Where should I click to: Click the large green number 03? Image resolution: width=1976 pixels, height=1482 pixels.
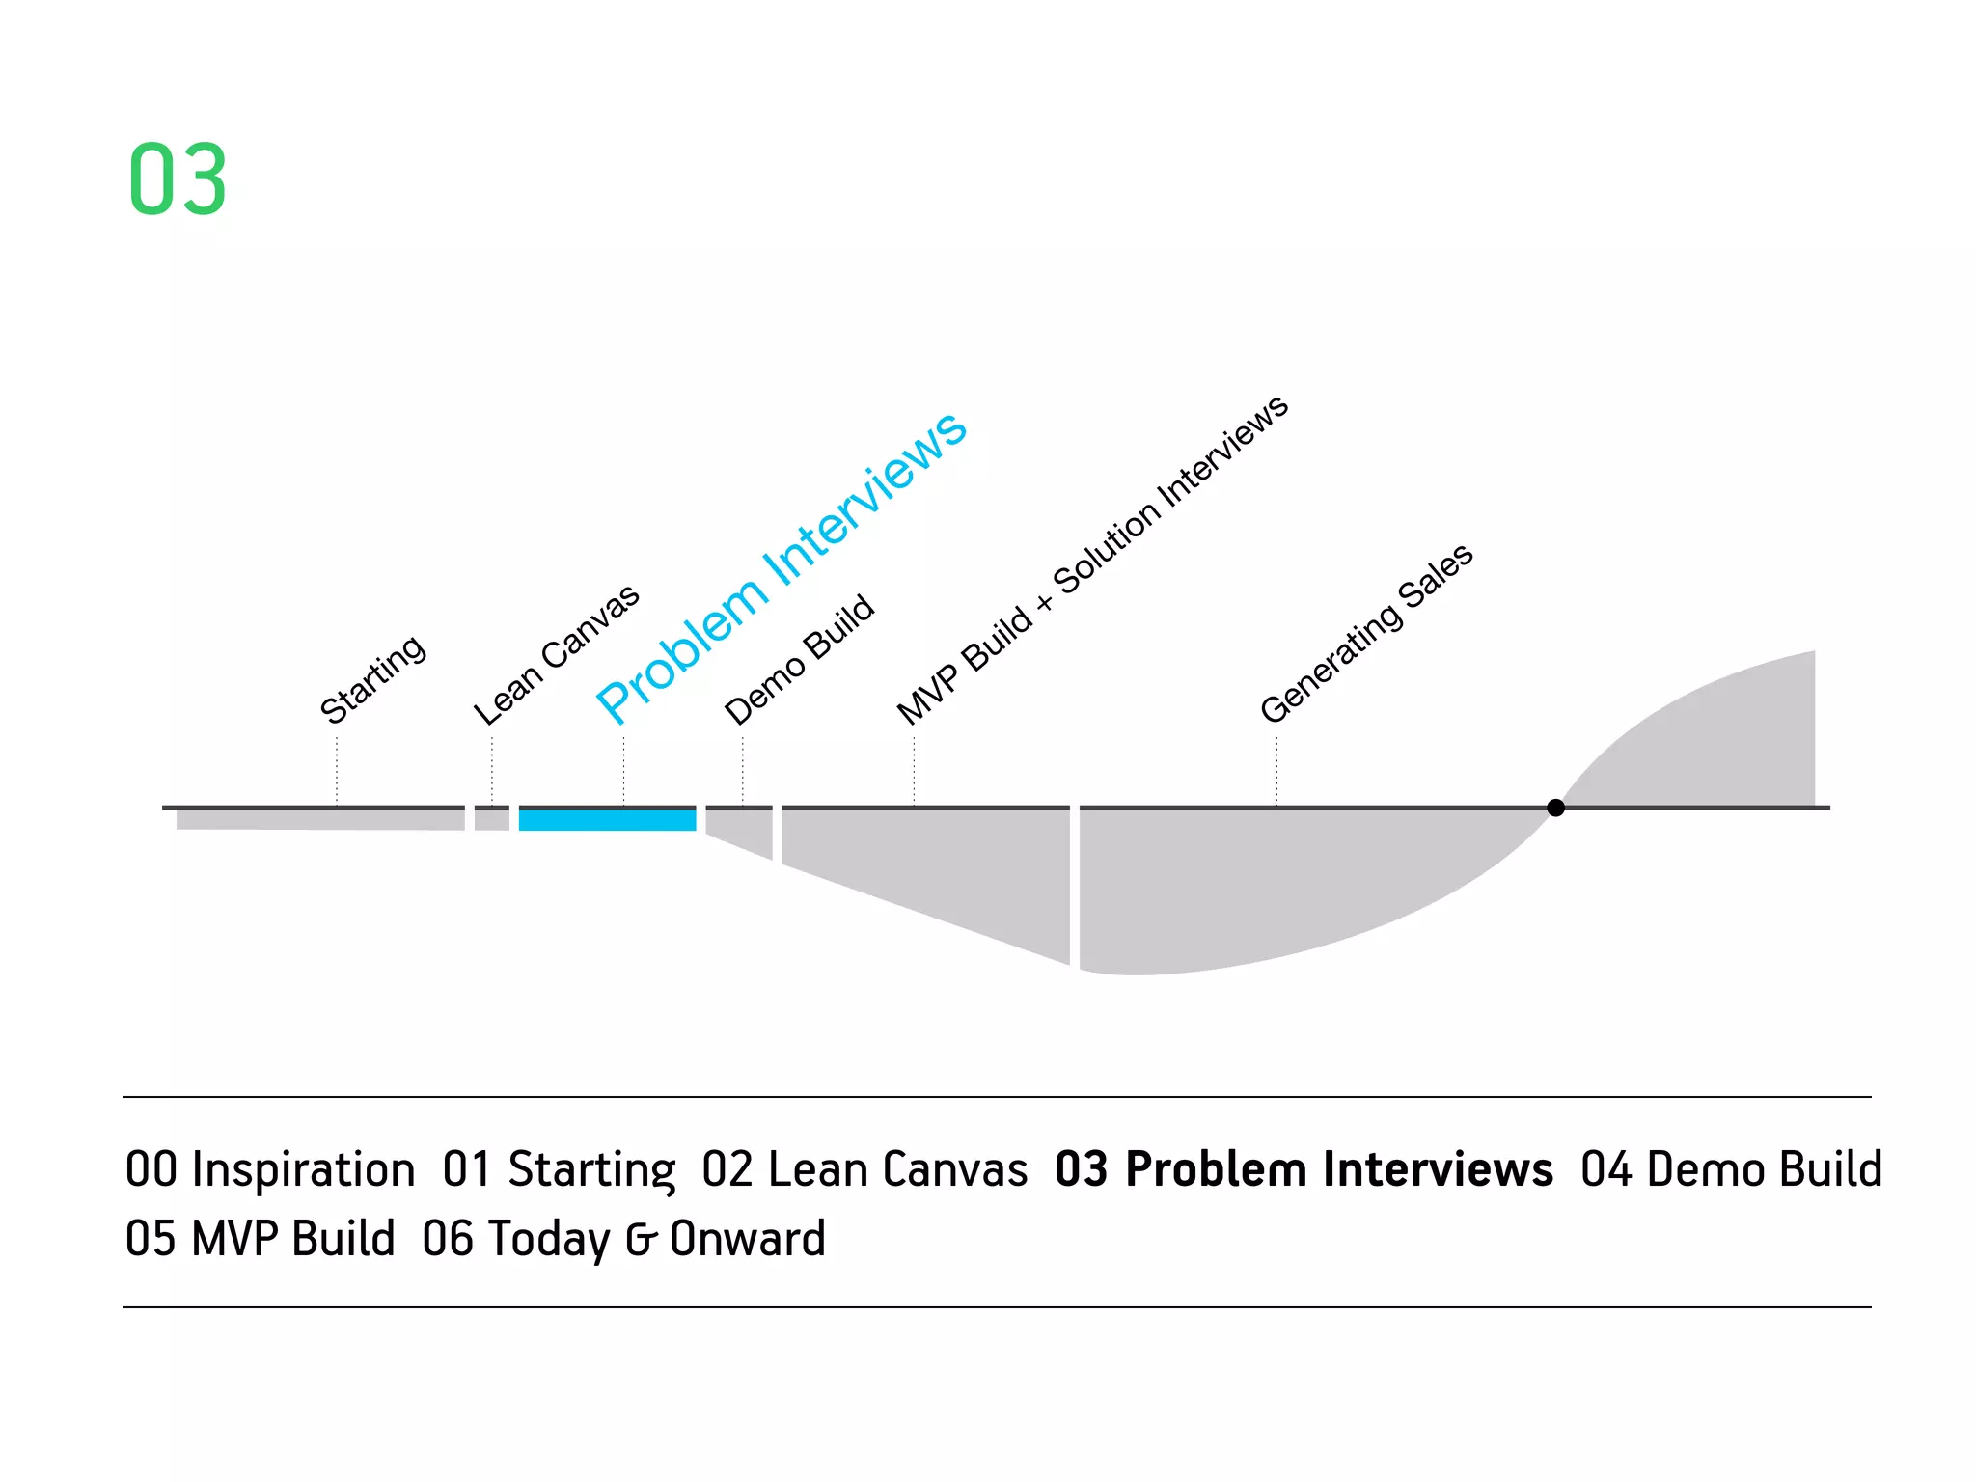tap(178, 179)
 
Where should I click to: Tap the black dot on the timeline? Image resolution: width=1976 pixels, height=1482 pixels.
tap(1555, 808)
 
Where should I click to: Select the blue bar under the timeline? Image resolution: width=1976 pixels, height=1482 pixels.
tap(607, 820)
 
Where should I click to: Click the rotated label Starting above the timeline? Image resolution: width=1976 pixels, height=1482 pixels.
tap(372, 679)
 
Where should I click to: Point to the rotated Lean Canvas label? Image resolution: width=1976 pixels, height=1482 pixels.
tap(556, 654)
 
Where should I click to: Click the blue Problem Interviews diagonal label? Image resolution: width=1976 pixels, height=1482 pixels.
tap(782, 566)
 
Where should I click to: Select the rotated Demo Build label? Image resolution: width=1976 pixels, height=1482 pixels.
tap(799, 659)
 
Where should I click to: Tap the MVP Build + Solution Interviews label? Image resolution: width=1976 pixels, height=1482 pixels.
tap(1091, 560)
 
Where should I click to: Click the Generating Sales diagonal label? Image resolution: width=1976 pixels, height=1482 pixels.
tap(1366, 633)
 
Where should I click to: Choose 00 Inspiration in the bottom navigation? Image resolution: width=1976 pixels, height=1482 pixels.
tap(270, 1169)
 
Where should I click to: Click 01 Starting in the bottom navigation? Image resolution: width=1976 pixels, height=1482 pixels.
tap(559, 1169)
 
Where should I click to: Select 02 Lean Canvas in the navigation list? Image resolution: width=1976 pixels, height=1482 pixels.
tap(864, 1169)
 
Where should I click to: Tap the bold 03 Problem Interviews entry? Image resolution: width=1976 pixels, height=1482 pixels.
tap(1304, 1169)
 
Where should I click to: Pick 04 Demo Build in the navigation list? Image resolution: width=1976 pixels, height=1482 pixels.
tap(1731, 1169)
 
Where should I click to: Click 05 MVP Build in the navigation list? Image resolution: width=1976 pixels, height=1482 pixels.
tap(261, 1239)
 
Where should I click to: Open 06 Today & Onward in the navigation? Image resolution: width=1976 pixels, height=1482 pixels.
tap(624, 1239)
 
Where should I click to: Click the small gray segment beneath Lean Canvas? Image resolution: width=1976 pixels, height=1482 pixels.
tap(492, 819)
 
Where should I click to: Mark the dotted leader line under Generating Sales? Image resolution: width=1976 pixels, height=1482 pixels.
tap(1276, 772)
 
